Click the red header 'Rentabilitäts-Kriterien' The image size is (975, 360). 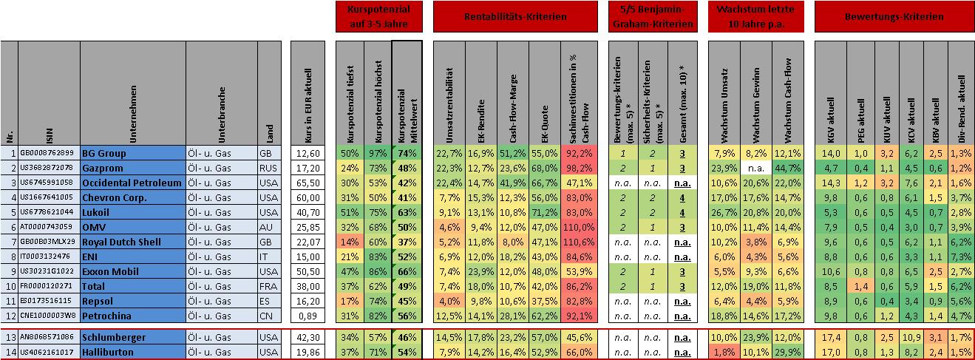tap(514, 16)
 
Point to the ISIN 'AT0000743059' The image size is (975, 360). tap(47, 228)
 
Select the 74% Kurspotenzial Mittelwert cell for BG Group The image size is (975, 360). tap(407, 153)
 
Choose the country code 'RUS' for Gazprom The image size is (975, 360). tap(269, 168)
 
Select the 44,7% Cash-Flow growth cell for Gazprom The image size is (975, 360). tap(787, 168)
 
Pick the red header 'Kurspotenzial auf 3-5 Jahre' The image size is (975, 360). tap(378, 16)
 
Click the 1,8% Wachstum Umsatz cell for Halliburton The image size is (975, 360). tap(724, 352)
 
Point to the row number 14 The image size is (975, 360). tap(10, 352)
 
